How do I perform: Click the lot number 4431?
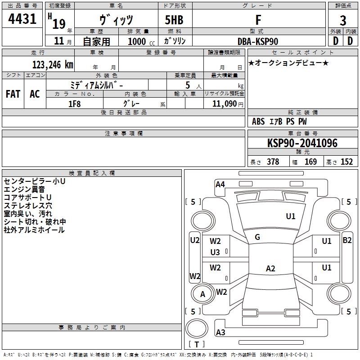point(22,19)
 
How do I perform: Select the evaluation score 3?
point(343,21)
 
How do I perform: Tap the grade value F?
point(258,20)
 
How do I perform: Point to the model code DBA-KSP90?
point(258,41)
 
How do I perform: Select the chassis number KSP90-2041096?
point(302,143)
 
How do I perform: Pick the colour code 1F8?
point(74,103)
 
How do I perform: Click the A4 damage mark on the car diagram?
point(220,184)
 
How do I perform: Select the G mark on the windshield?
point(257,237)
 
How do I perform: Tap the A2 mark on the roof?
point(270,269)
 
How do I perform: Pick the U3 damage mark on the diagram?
point(215,252)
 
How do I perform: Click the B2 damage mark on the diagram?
point(347,240)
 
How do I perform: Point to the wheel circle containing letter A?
point(202,294)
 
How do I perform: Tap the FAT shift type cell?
point(13,94)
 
